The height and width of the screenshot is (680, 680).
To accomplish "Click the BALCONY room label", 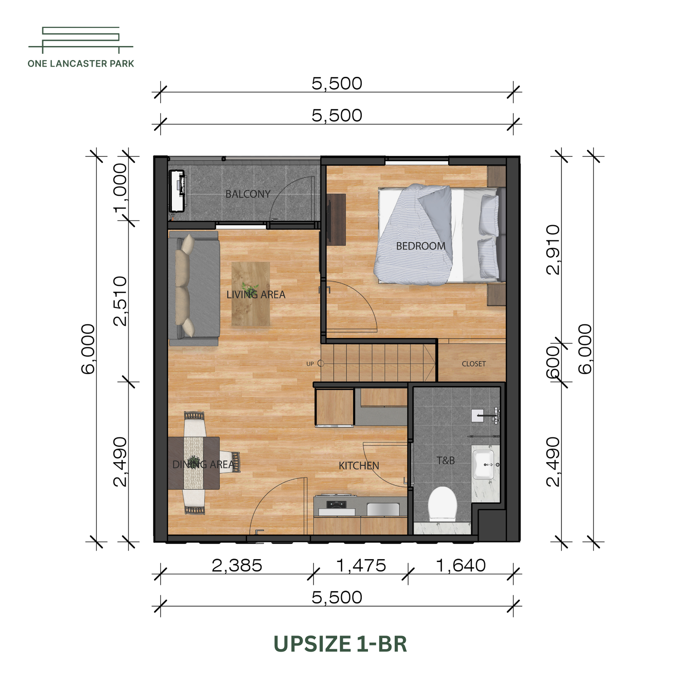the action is click(248, 194).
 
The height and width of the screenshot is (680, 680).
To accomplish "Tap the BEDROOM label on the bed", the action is click(421, 246).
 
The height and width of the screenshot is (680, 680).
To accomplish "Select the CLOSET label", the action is click(474, 364).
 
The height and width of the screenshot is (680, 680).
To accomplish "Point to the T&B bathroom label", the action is click(446, 460).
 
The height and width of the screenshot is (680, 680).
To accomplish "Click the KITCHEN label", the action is click(359, 465).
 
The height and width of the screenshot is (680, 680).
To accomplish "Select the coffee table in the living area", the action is click(251, 294).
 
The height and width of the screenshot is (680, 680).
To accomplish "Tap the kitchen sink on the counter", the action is click(383, 509).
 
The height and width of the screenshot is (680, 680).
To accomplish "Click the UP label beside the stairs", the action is click(310, 364).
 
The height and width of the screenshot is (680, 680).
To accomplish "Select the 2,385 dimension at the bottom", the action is click(237, 566).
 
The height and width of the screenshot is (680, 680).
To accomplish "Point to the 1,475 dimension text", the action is click(361, 566).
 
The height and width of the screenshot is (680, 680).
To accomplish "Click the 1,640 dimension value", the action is click(461, 566).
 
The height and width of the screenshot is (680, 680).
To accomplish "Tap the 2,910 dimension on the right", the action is click(553, 250).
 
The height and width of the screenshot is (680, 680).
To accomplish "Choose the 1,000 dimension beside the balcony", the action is click(120, 188).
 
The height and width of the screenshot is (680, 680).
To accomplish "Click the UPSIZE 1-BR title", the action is click(340, 644).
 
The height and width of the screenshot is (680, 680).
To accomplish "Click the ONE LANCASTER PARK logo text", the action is click(81, 64).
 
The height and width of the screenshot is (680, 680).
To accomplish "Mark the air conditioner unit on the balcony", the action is click(177, 191).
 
